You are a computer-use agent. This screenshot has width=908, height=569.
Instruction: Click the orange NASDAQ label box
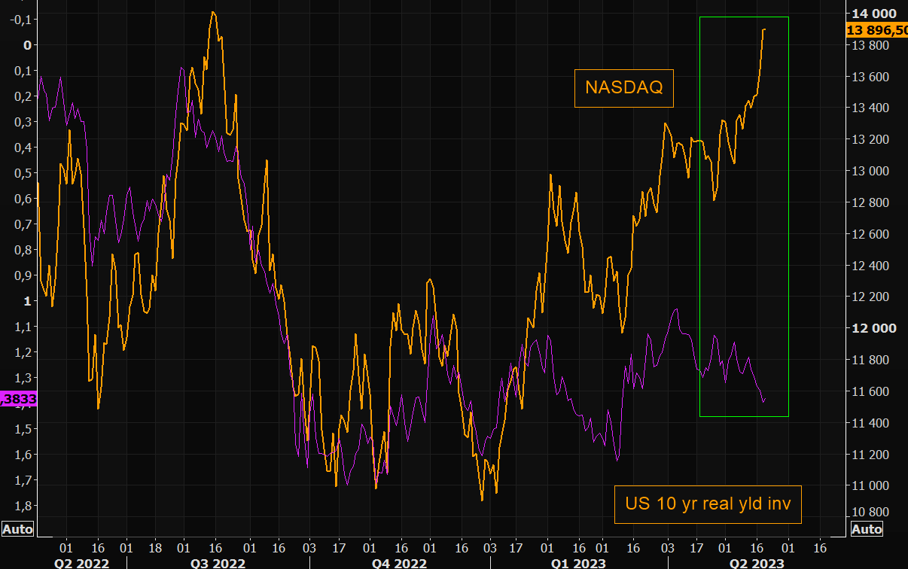(x=624, y=88)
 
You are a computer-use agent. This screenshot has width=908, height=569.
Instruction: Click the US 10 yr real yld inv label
(x=708, y=504)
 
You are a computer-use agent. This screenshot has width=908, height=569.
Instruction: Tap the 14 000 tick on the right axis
(x=873, y=14)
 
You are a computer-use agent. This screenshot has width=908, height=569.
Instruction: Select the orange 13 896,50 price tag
(x=877, y=30)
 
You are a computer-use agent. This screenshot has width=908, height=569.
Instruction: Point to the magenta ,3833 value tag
(x=17, y=399)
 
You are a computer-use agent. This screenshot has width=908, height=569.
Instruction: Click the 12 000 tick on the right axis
(x=873, y=328)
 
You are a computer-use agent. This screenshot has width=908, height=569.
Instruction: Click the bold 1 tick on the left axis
(x=28, y=301)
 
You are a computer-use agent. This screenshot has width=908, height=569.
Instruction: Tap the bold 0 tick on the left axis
(x=28, y=45)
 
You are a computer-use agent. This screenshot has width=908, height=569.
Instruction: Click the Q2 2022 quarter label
(x=81, y=563)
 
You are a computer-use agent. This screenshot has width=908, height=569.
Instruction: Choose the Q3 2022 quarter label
(x=218, y=563)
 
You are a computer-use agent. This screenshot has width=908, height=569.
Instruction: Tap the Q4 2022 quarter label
(x=400, y=563)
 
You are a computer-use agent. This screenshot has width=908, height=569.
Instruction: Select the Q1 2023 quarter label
(x=578, y=563)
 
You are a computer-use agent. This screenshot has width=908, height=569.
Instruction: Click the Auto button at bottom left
(x=17, y=529)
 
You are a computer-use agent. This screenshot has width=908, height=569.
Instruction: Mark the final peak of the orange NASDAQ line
(x=764, y=29)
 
